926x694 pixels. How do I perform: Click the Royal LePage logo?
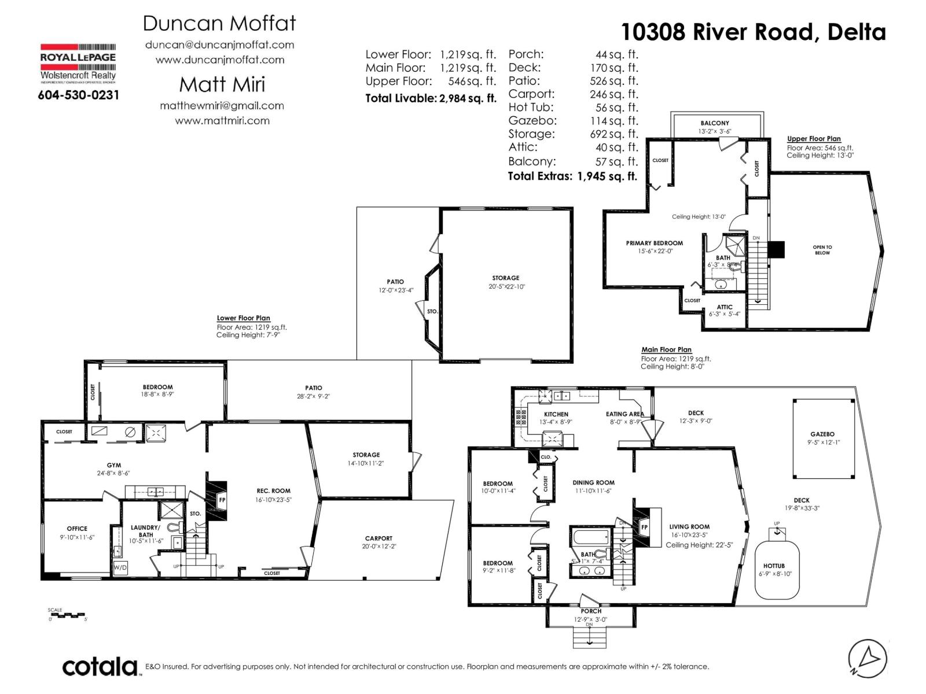pos(78,64)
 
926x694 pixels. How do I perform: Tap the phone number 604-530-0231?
pos(78,95)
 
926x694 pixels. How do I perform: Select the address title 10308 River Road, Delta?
pos(753,32)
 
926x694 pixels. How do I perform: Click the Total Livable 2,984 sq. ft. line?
pos(431,98)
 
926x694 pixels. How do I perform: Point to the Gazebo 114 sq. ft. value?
pos(613,121)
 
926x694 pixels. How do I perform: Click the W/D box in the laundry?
pos(120,567)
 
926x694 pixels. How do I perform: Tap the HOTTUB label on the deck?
pos(774,566)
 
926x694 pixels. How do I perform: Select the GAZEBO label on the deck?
pos(822,434)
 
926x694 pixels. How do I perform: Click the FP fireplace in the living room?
pos(644,527)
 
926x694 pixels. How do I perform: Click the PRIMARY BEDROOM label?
pos(654,243)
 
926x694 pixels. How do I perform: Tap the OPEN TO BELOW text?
pos(822,250)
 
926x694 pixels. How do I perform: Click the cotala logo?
pos(100,667)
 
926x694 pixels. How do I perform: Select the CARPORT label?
pos(379,538)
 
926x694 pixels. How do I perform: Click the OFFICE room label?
pos(77,529)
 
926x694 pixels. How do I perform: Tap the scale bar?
pos(67,615)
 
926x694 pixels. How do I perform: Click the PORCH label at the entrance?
pos(591,611)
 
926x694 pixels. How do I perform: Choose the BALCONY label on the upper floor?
pos(715,123)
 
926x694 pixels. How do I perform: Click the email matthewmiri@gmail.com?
pos(222,106)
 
